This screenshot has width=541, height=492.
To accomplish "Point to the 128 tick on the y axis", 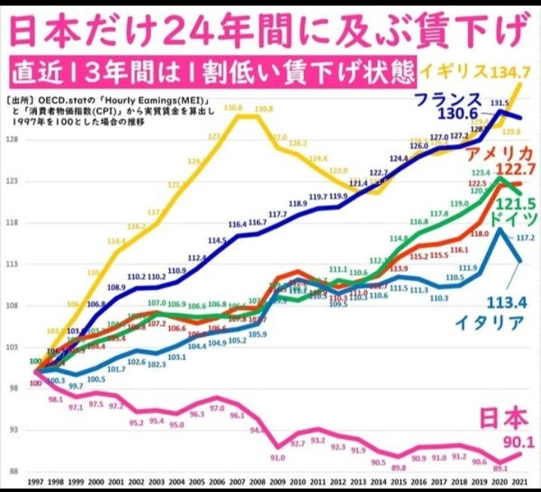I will click(x=12, y=140).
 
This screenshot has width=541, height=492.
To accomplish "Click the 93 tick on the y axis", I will click(x=12, y=430).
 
